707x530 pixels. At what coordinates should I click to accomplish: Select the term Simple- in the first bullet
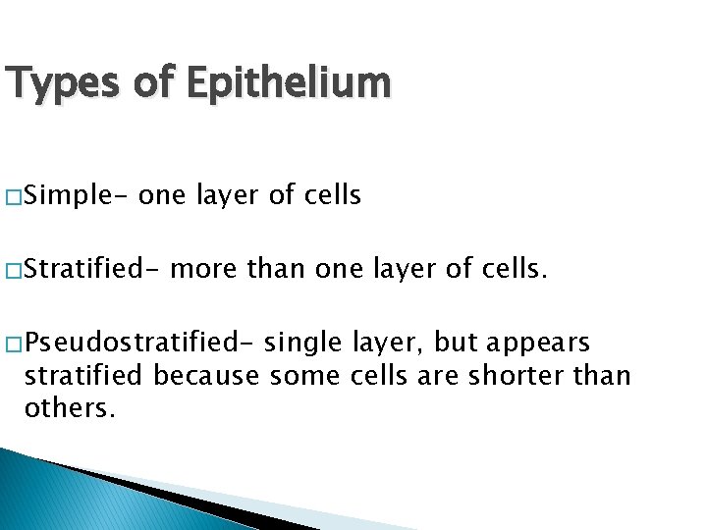[77, 196]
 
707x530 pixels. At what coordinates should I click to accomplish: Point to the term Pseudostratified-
[136, 343]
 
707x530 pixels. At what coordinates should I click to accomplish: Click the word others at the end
[69, 407]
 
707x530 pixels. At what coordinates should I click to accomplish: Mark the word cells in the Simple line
[330, 196]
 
